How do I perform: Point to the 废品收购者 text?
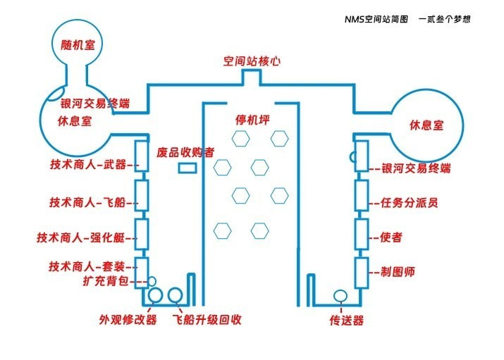[185, 151]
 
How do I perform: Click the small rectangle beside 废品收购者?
[186, 168]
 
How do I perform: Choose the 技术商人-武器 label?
[87, 164]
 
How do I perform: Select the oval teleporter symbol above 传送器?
[340, 295]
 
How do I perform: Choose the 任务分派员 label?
[409, 204]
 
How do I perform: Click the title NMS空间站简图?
[376, 19]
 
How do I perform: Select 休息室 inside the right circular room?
[426, 125]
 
